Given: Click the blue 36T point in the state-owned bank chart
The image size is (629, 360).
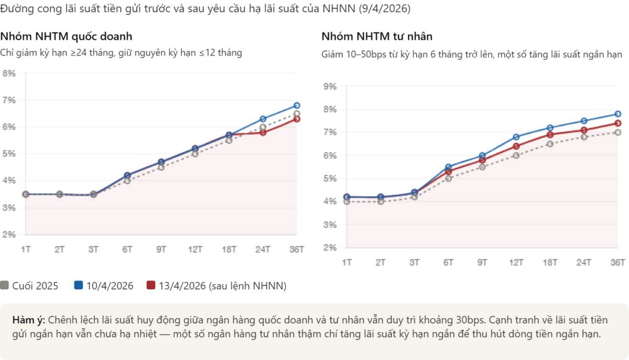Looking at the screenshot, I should (297, 105).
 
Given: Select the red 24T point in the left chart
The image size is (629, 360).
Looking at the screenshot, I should (263, 133).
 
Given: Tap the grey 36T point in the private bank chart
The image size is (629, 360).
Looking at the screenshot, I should (617, 133).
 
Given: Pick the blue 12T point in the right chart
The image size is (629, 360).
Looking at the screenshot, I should (516, 137).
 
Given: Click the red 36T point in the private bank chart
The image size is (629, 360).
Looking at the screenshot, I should (617, 123).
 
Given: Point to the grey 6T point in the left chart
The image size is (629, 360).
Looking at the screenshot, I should (127, 181).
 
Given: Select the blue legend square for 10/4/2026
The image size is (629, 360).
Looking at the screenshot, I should (79, 286).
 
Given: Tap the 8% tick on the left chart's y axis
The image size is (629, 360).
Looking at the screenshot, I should (9, 73).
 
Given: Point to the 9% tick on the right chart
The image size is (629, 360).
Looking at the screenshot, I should (330, 86).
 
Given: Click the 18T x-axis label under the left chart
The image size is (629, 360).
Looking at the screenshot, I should (229, 250).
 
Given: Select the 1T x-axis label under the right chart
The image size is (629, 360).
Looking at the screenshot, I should (346, 263).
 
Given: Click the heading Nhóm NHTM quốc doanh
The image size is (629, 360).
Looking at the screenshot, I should (66, 37).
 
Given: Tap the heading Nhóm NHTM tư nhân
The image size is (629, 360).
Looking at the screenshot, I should (377, 37).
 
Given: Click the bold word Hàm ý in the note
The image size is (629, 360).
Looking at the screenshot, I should (28, 320).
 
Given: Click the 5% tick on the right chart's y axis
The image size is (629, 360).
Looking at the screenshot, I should (330, 179).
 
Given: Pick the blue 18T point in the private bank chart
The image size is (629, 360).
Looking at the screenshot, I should (550, 128).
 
